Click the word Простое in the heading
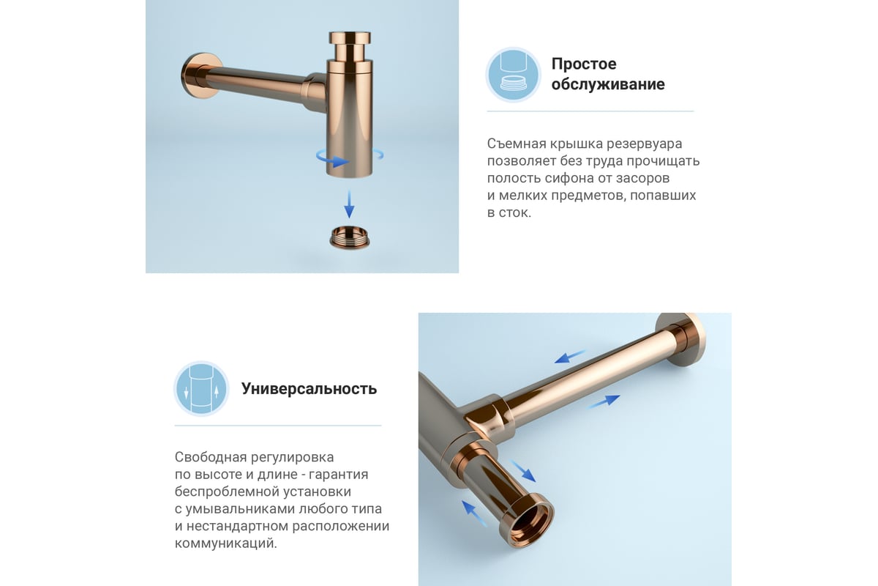pyautogui.click(x=584, y=64)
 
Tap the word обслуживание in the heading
pyautogui.click(x=608, y=84)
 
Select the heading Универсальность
pyautogui.click(x=309, y=389)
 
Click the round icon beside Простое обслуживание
pyautogui.click(x=513, y=75)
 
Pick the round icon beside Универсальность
pyautogui.click(x=201, y=388)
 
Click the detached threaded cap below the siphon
pyautogui.click(x=350, y=237)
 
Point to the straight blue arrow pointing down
pyautogui.click(x=349, y=204)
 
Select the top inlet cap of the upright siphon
pyautogui.click(x=350, y=37)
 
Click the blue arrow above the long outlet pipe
pyautogui.click(x=570, y=357)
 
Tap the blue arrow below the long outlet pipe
pyautogui.click(x=604, y=402)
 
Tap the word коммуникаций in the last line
pyautogui.click(x=226, y=544)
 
